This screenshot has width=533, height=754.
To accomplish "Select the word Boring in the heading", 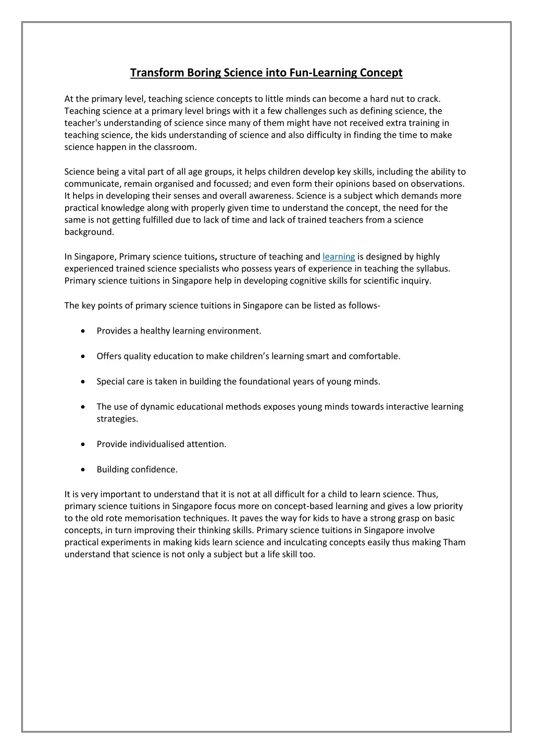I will tap(204, 72).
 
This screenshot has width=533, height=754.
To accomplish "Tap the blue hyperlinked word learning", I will tap(339, 256).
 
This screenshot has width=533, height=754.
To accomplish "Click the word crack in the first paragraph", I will tap(428, 98).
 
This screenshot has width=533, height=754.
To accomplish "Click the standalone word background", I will tap(89, 232).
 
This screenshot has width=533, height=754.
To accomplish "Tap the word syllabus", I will tap(432, 269).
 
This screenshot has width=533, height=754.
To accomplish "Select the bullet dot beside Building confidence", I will tap(84, 469).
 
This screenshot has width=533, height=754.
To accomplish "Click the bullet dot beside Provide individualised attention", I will tap(84, 444).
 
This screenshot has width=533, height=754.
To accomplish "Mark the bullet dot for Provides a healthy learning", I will tap(84, 331).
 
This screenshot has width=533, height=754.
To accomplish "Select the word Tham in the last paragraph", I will tap(454, 542).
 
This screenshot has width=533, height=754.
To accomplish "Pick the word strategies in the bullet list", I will tap(117, 419).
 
